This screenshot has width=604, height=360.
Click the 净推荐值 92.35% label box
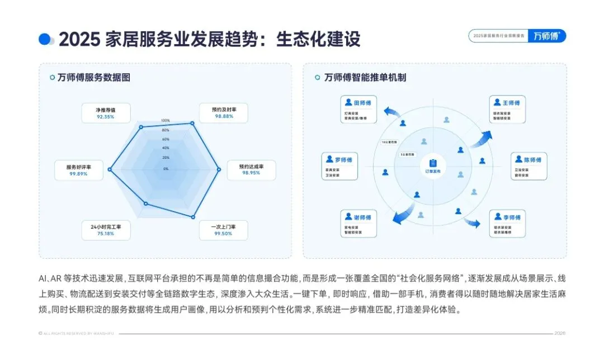point(105,113)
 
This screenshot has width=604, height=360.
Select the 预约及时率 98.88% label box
point(224,112)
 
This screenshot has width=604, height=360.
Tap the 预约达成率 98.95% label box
point(251,170)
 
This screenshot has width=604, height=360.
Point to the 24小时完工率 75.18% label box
point(105,230)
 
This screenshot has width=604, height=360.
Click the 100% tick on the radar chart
point(166,121)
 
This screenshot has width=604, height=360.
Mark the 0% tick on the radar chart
point(166,168)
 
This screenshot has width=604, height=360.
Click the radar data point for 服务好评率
point(110,169)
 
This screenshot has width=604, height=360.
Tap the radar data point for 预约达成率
point(219,169)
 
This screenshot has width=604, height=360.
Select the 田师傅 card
point(358,110)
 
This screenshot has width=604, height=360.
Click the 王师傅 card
point(508,110)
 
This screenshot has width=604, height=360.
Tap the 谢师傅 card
point(358,224)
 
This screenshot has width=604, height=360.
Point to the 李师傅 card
point(508,224)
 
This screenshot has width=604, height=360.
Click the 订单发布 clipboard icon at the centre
point(433,163)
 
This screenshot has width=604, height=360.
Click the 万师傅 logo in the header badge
point(547,36)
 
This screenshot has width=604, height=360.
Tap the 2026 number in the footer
point(560,334)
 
